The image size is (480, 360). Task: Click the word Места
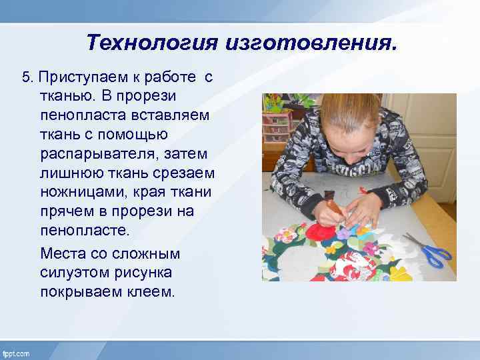pyautogui.click(x=63, y=253)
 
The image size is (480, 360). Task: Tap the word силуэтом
pyautogui.click(x=73, y=273)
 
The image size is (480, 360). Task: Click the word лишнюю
pyautogui.click(x=67, y=173)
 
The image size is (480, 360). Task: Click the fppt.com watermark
pyautogui.click(x=16, y=353)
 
